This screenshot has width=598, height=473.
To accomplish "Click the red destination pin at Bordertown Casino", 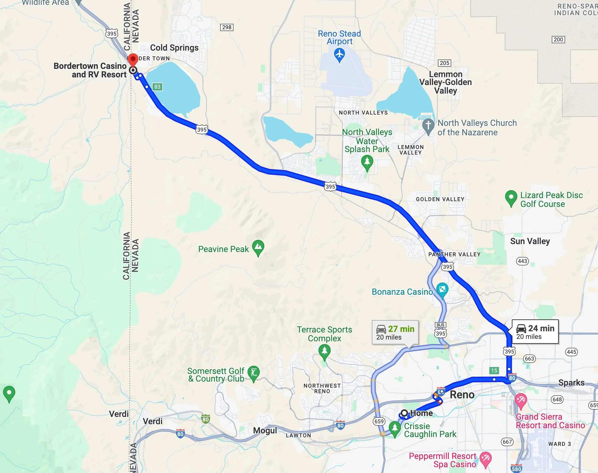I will pyautogui.click(x=133, y=59).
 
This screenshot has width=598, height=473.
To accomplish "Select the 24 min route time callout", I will pyautogui.click(x=535, y=332).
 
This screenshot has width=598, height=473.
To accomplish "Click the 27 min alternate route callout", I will pyautogui.click(x=395, y=333).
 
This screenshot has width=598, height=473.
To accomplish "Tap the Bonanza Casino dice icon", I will pyautogui.click(x=442, y=289).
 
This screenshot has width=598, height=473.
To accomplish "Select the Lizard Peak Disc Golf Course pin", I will pyautogui.click(x=511, y=197).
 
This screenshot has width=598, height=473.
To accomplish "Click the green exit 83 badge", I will pyautogui.click(x=157, y=87).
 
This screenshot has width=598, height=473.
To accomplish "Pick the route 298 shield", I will pyautogui.click(x=227, y=27).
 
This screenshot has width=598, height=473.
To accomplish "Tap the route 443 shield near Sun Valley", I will pyautogui.click(x=522, y=261).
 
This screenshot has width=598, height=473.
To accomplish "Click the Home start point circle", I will pyautogui.click(x=404, y=413).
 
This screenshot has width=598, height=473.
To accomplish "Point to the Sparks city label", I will pyautogui.click(x=571, y=383).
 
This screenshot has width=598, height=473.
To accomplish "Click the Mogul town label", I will pyautogui.click(x=265, y=430).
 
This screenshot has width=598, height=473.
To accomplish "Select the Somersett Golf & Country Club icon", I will pyautogui.click(x=254, y=372).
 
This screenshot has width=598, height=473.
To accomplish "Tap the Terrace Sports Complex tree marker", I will pyautogui.click(x=325, y=351).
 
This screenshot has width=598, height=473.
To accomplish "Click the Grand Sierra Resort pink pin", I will pyautogui.click(x=521, y=400).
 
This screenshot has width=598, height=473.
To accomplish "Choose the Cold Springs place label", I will pyautogui.click(x=174, y=48).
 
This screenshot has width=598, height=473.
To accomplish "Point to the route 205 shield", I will pyautogui.click(x=445, y=63).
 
